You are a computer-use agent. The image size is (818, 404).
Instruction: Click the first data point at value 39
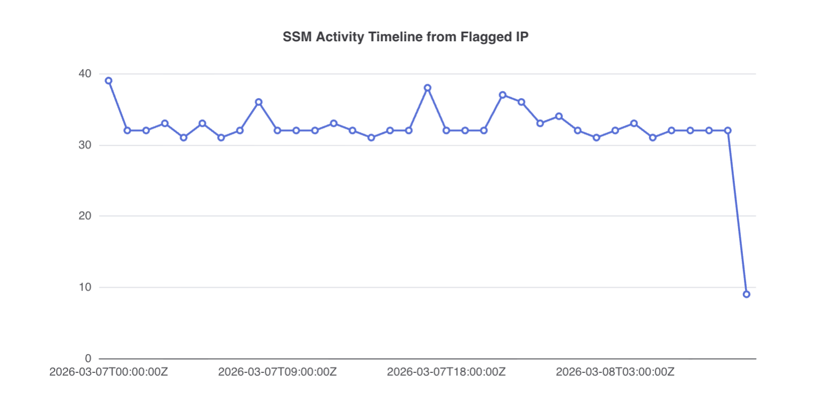(x=108, y=80)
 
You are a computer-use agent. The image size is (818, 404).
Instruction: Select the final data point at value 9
(x=746, y=294)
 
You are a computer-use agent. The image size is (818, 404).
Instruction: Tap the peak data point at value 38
(x=427, y=88)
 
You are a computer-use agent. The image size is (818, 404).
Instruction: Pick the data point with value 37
(x=502, y=95)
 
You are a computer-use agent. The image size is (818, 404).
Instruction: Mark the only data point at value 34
(x=559, y=116)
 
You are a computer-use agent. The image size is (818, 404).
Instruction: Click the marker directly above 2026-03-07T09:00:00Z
(x=277, y=130)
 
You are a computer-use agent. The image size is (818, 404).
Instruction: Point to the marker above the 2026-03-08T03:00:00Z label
(x=615, y=130)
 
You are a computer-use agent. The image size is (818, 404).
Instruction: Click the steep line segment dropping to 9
(x=737, y=212)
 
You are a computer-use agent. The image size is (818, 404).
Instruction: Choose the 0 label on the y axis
(x=88, y=358)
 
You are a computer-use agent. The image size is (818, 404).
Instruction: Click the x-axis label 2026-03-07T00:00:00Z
(x=108, y=372)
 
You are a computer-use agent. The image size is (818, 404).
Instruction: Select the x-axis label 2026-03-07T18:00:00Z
(x=446, y=372)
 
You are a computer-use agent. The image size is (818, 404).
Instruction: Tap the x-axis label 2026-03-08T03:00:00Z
(x=615, y=372)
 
